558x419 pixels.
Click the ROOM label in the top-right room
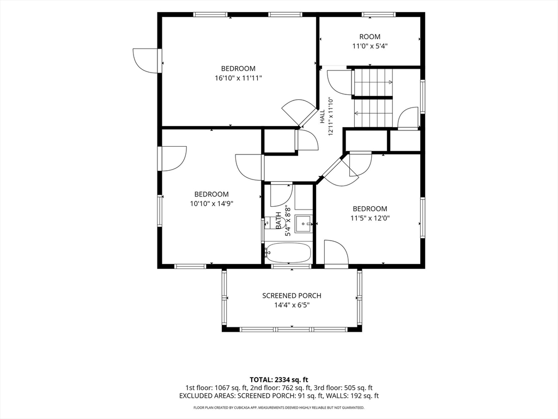tap(370, 37)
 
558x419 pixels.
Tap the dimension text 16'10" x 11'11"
tap(238, 77)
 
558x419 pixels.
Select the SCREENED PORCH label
tap(292, 295)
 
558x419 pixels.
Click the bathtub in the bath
tap(288, 253)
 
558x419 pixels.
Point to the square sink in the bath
tap(304, 224)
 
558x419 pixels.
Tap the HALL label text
tap(323, 117)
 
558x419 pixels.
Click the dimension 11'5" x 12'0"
tap(370, 218)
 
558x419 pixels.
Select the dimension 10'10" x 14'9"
tap(211, 203)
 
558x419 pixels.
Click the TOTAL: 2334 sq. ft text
tap(278, 379)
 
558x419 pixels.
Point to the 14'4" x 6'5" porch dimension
tap(292, 305)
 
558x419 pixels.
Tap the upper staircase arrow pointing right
tap(373, 82)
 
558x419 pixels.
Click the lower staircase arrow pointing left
tap(373, 113)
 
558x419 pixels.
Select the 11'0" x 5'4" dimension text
tap(370, 46)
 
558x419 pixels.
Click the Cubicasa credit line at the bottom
tap(278, 407)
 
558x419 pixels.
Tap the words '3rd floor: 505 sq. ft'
tap(343, 388)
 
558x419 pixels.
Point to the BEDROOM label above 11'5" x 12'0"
tap(370, 209)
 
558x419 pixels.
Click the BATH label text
tap(278, 220)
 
